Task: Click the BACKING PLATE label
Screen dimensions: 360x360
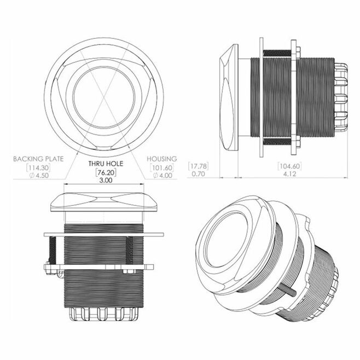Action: [38, 159]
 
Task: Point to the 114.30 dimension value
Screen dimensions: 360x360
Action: [38, 167]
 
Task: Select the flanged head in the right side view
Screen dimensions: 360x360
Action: [229, 97]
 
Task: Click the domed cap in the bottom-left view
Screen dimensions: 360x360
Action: [103, 202]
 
